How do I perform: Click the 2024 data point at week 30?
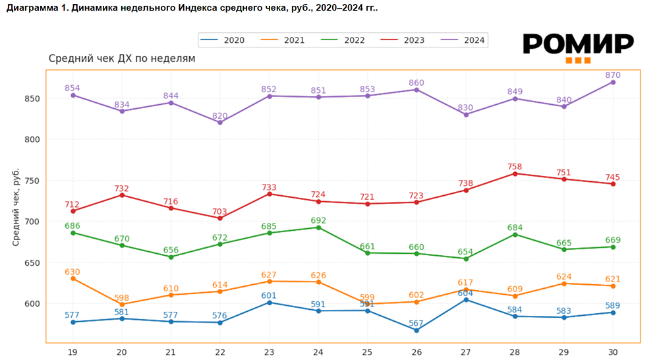[613, 82]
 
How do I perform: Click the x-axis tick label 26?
[416, 353]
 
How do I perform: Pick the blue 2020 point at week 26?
[416, 330]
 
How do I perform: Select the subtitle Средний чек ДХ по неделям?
[122, 59]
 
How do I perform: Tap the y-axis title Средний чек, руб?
[16, 207]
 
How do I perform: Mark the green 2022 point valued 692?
[318, 227]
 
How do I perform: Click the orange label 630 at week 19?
[72, 271]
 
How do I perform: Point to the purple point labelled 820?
[220, 123]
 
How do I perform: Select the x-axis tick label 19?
[72, 353]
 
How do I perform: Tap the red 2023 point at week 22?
[220, 218]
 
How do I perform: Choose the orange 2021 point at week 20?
[122, 305]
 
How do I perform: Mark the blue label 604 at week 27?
[466, 292]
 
